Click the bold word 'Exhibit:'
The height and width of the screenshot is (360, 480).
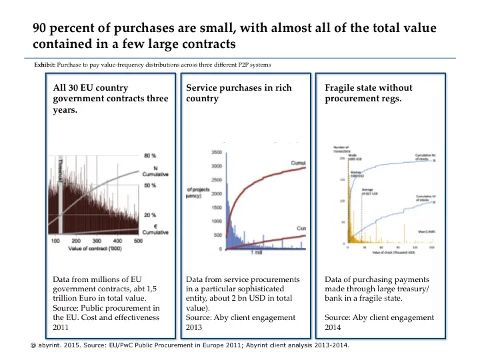coord(45,65)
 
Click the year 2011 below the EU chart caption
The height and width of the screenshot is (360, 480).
coord(61,328)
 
